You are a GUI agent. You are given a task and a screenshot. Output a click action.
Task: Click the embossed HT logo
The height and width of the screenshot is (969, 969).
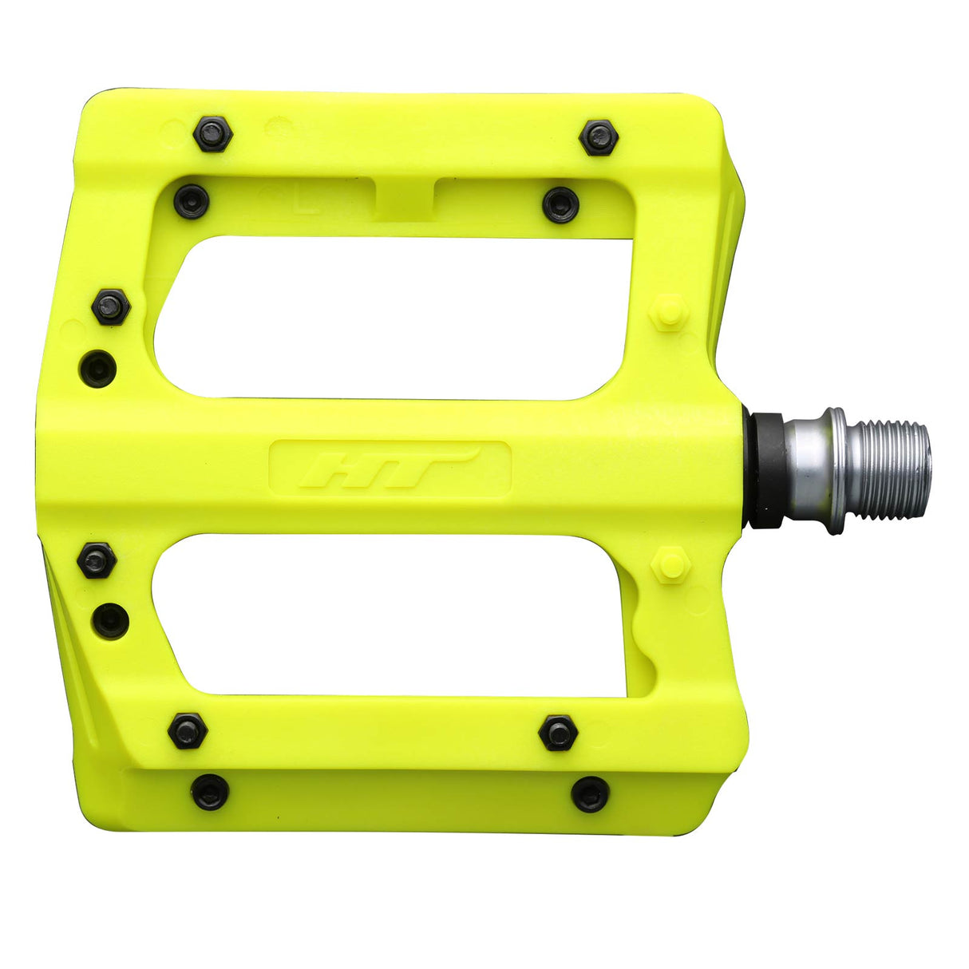(390, 469)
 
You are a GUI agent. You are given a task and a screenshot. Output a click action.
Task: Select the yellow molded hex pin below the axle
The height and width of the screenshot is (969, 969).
(670, 565)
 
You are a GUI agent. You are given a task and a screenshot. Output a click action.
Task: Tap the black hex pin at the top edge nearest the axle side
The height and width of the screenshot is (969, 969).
(599, 138)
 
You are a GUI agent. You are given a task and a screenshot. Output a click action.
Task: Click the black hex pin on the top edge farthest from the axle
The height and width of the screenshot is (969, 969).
(212, 134)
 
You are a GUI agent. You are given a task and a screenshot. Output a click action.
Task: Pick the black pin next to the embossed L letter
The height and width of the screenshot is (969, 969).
(192, 200)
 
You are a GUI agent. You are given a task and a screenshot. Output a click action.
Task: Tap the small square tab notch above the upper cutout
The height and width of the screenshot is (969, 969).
(404, 198)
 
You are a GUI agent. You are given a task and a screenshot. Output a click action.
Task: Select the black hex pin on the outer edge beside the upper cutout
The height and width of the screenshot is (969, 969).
(110, 306)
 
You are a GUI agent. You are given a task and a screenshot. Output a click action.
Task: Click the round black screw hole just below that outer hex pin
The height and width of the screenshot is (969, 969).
(99, 368)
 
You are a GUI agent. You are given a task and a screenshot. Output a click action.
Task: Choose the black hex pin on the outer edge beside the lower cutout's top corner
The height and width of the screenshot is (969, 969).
(97, 560)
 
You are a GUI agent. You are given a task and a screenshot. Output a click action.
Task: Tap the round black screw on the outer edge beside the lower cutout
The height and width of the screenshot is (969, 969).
(110, 619)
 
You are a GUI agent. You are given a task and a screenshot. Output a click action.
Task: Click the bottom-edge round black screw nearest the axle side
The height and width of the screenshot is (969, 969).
(591, 794)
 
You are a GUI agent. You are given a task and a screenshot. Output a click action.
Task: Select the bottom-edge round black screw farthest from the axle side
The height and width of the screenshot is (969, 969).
(210, 792)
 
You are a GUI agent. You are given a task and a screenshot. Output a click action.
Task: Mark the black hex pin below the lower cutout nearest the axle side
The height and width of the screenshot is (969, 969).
(558, 733)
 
